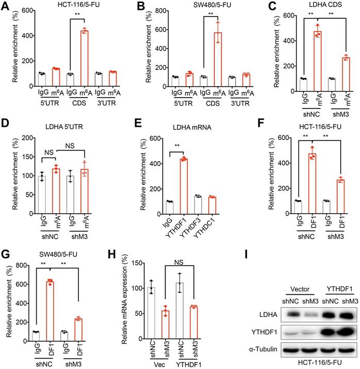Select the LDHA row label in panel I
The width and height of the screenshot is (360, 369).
[264, 314]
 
